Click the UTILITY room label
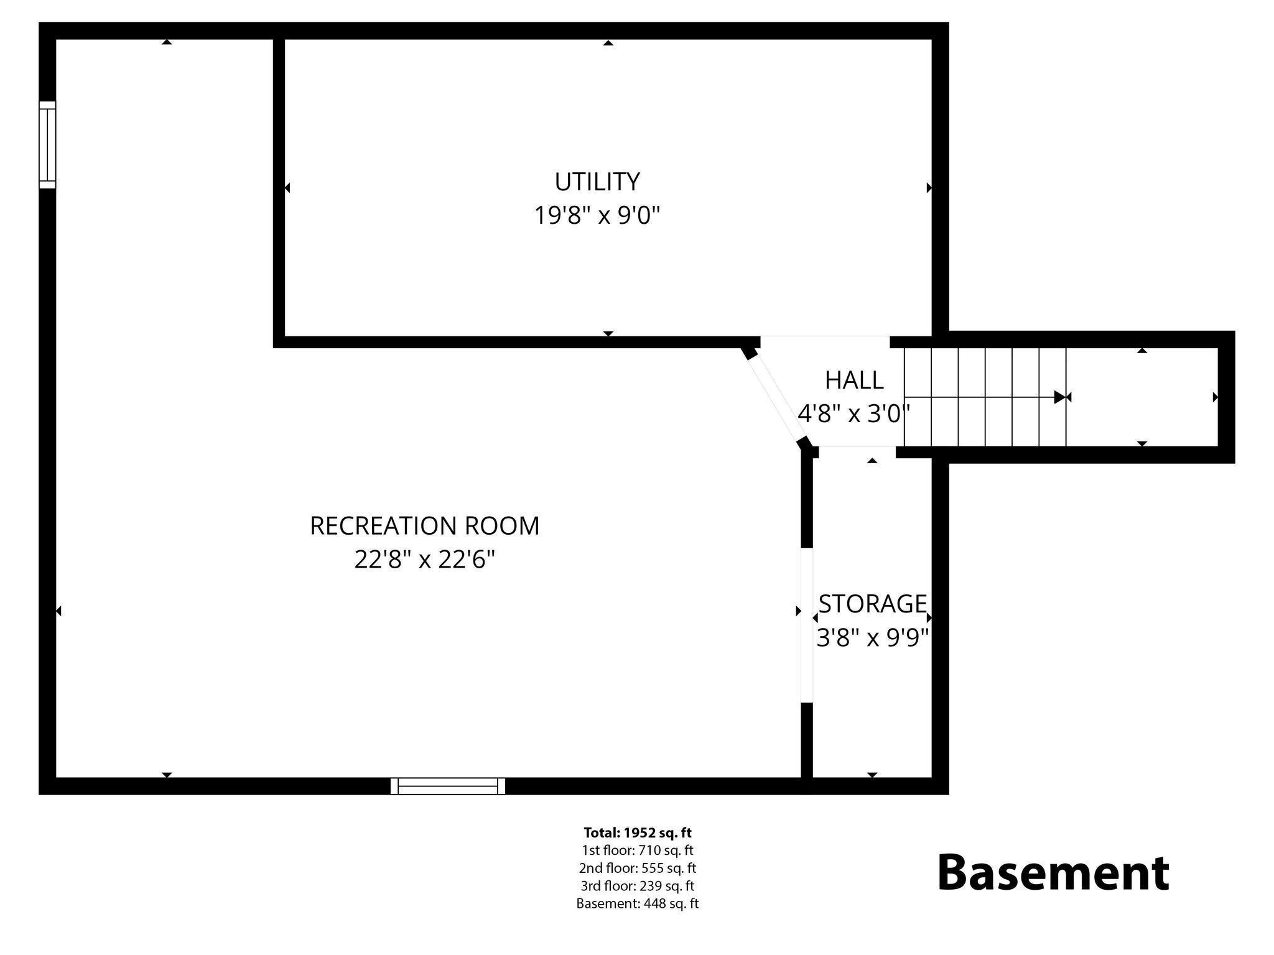pos(597,182)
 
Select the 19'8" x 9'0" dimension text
pos(597,216)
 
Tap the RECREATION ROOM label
pos(424,526)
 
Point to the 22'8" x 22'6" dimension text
pos(424,560)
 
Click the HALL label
pos(854,380)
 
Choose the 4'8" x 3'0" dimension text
pos(853,413)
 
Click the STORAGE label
pos(872,604)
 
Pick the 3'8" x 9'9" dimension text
pos(872,638)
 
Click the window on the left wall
pos(47,145)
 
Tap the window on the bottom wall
pos(448,786)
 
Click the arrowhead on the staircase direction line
pos(1059,397)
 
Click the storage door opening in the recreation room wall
pos(806,625)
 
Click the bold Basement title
pos(1053,873)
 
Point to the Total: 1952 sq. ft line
pos(637,833)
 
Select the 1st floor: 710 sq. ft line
pos(637,850)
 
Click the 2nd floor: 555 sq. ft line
pos(637,868)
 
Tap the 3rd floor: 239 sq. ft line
pos(637,885)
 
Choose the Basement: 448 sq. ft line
pos(637,903)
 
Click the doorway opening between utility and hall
pos(825,341)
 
